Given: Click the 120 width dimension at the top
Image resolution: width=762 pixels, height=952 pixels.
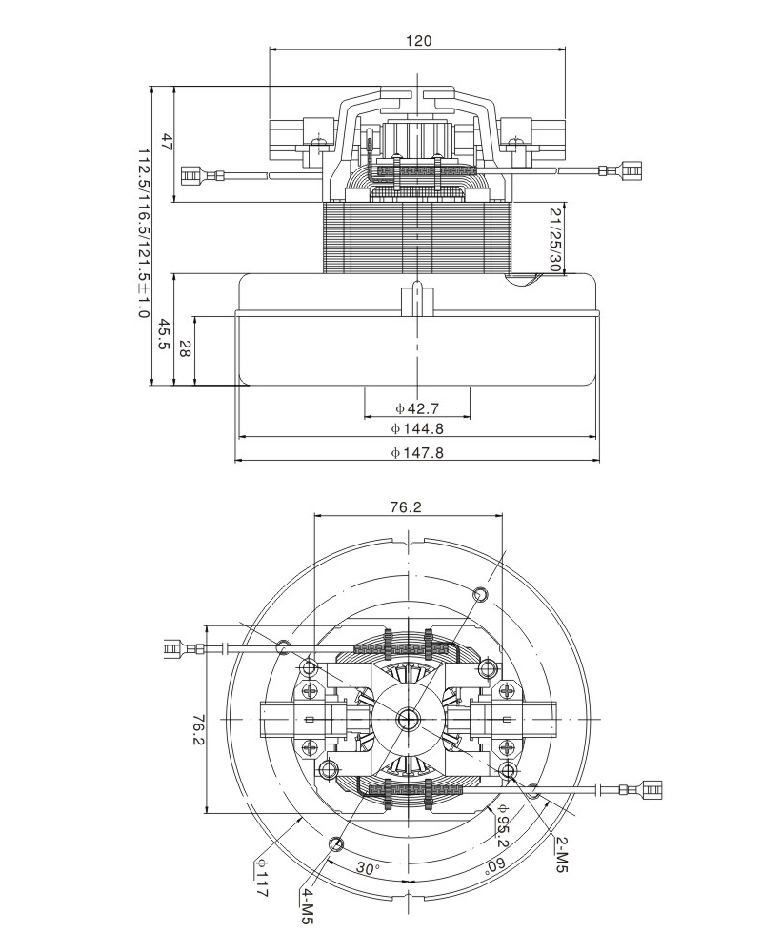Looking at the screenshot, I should coord(419,41).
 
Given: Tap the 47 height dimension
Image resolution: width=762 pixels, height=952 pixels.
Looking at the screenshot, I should coord(166,144).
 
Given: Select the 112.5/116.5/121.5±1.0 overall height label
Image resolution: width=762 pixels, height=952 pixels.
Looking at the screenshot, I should coord(143,233).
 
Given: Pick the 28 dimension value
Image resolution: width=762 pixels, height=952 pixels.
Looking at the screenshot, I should coord(184,349).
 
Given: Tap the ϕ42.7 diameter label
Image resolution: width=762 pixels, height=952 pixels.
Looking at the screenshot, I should coord(416,408).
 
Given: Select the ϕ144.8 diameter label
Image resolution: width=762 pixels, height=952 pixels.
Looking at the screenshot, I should coord(416,429).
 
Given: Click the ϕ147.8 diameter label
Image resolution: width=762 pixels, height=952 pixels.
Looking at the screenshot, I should coord(416,453).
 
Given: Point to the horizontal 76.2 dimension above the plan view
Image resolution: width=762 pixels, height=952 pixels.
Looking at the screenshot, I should coord(406,507).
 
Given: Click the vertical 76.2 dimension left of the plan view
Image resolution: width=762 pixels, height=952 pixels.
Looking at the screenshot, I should coord(197,731).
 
